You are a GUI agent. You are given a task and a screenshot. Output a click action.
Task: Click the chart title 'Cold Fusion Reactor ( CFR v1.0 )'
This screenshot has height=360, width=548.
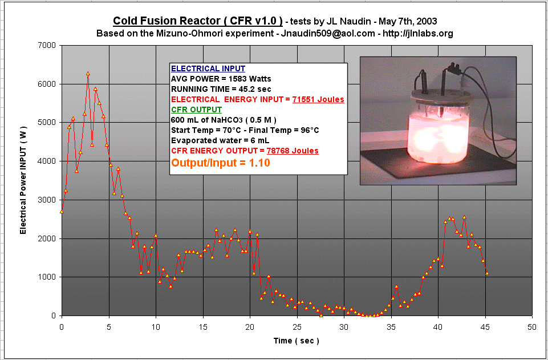(x=198, y=21)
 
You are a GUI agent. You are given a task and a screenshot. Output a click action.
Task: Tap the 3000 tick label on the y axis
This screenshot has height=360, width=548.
(x=48, y=200)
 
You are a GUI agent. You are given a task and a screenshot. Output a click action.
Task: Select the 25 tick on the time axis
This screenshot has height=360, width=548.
(x=298, y=327)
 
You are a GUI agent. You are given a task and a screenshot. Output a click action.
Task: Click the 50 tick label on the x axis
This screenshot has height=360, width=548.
(x=532, y=327)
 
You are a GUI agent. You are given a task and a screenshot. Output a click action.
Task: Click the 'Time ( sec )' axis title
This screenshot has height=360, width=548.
(x=297, y=341)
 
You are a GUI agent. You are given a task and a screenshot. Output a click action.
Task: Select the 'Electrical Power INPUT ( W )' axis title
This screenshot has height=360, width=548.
(x=23, y=181)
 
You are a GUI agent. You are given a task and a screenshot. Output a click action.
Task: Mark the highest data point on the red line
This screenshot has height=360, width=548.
(x=88, y=74)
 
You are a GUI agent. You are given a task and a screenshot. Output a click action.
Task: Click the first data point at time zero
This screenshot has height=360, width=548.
(x=62, y=212)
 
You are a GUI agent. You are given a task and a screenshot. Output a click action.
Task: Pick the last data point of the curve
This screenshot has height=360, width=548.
(x=487, y=273)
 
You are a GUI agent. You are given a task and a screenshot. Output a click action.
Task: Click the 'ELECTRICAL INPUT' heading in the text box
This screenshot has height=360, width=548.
(x=208, y=68)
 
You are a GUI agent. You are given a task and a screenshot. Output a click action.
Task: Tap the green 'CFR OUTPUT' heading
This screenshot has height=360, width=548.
(x=196, y=110)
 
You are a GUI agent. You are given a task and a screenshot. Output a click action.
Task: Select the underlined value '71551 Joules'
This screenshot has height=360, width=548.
(x=318, y=100)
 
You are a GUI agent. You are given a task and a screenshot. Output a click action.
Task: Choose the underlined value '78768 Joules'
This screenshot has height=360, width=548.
(x=293, y=151)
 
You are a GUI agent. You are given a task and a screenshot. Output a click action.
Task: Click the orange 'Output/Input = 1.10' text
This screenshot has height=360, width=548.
(x=221, y=163)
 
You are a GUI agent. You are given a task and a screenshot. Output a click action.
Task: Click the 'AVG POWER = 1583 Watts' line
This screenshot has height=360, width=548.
(x=221, y=79)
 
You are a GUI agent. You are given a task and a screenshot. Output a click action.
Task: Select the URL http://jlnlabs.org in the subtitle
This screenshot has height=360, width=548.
(x=418, y=34)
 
